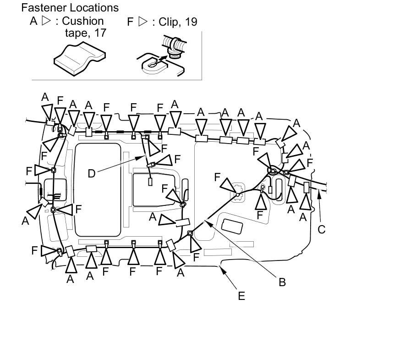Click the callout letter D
92,174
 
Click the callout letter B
282,282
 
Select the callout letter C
321,229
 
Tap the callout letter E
241,296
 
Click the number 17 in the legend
100,33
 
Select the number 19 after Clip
191,22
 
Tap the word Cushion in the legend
82,21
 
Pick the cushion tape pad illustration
80,58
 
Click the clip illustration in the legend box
162,56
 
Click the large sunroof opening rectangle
98,190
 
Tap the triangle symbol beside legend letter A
46,21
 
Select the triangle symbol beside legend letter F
143,22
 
